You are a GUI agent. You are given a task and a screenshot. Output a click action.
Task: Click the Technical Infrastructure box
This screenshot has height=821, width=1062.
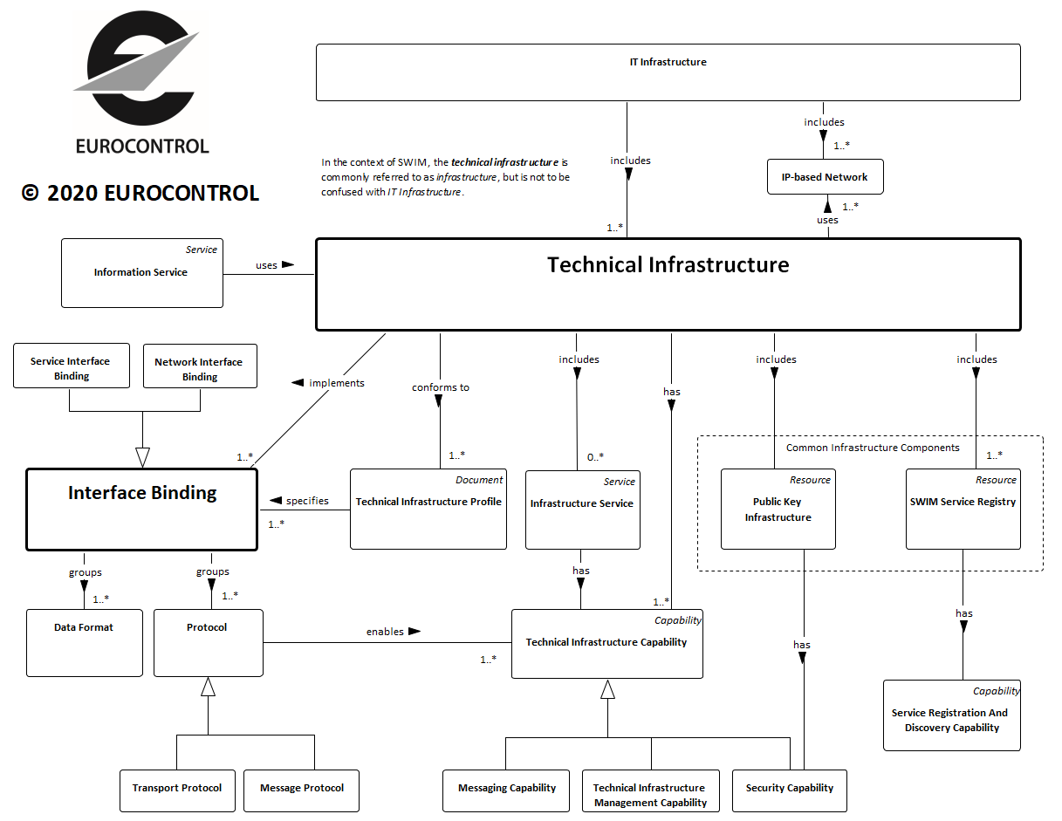(x=668, y=284)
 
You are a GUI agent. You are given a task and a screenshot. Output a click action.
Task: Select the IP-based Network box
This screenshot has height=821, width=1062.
(x=825, y=177)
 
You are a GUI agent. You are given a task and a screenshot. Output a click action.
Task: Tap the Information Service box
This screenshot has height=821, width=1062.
(x=141, y=273)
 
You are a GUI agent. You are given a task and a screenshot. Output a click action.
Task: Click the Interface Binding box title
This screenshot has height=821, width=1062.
(x=142, y=493)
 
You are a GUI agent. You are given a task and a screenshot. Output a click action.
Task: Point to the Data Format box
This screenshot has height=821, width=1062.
(x=84, y=644)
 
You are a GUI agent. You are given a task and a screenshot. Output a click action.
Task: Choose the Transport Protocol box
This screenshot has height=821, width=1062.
(x=177, y=789)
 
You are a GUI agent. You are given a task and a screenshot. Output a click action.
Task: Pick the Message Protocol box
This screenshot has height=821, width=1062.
(x=302, y=789)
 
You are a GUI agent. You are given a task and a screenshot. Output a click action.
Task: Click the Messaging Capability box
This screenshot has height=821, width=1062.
(x=507, y=789)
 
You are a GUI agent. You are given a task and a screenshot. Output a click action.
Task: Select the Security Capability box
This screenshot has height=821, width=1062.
(x=790, y=789)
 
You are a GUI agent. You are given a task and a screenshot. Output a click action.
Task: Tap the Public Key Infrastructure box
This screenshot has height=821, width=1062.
(x=778, y=510)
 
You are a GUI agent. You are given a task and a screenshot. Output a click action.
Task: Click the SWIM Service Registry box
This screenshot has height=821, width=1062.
(x=963, y=510)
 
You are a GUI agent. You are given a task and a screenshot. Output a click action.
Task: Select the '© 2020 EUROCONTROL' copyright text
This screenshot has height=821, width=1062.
(x=140, y=194)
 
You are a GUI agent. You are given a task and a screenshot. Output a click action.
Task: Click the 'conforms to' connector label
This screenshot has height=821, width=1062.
(x=441, y=387)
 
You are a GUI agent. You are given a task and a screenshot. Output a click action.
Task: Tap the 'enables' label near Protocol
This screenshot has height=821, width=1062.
(x=385, y=632)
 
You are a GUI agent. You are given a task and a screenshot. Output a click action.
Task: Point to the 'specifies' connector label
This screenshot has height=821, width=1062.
(x=307, y=501)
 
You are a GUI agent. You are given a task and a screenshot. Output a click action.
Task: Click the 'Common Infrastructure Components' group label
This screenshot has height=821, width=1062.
(x=873, y=448)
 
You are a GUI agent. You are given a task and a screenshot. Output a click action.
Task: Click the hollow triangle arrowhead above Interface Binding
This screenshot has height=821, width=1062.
(x=142, y=457)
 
